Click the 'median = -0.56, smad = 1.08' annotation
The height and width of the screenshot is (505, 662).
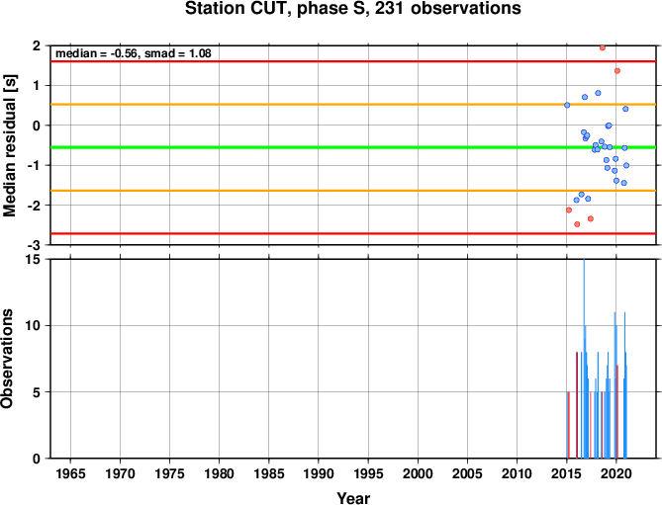[x=134, y=53]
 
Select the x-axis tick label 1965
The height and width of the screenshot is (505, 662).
[x=70, y=473]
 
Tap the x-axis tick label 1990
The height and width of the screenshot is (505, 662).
[x=319, y=473]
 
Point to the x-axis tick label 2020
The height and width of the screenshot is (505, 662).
[x=615, y=473]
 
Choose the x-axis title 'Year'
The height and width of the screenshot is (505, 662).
[x=353, y=498]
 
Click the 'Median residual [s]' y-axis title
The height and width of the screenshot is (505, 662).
[x=9, y=145]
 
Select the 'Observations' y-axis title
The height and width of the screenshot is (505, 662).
[x=7, y=359]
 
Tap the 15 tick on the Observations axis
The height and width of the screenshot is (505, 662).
[x=34, y=260]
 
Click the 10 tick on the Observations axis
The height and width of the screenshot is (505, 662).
[x=34, y=326]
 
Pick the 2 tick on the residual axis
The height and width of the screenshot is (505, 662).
[x=37, y=45]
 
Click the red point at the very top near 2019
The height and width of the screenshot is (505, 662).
[x=603, y=47]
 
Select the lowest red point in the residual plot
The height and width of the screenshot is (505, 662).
[x=577, y=224]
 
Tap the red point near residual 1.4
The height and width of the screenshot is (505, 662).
[x=617, y=71]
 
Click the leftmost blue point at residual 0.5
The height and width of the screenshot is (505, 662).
[x=567, y=105]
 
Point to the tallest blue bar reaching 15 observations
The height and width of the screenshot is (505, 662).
[x=584, y=359]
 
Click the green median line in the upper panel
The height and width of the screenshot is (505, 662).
[x=353, y=147]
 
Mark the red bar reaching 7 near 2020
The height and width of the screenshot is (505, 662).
[x=617, y=412]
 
